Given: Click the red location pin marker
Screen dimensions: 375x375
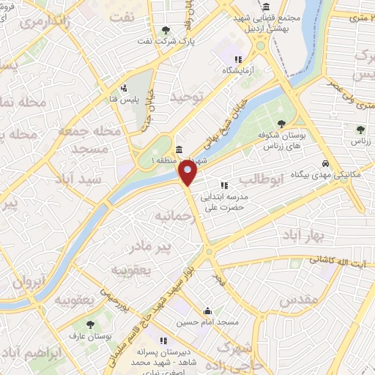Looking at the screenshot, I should [x=188, y=173].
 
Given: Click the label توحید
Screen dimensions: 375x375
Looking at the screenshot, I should [x=185, y=96].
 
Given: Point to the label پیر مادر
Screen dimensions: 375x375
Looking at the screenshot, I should [x=168, y=247].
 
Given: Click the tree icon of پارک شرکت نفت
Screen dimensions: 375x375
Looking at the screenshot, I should [x=168, y=30].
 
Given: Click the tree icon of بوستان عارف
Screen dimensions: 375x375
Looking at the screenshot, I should [x=90, y=324].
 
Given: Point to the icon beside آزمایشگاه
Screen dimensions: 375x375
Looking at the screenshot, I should [x=237, y=59].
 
